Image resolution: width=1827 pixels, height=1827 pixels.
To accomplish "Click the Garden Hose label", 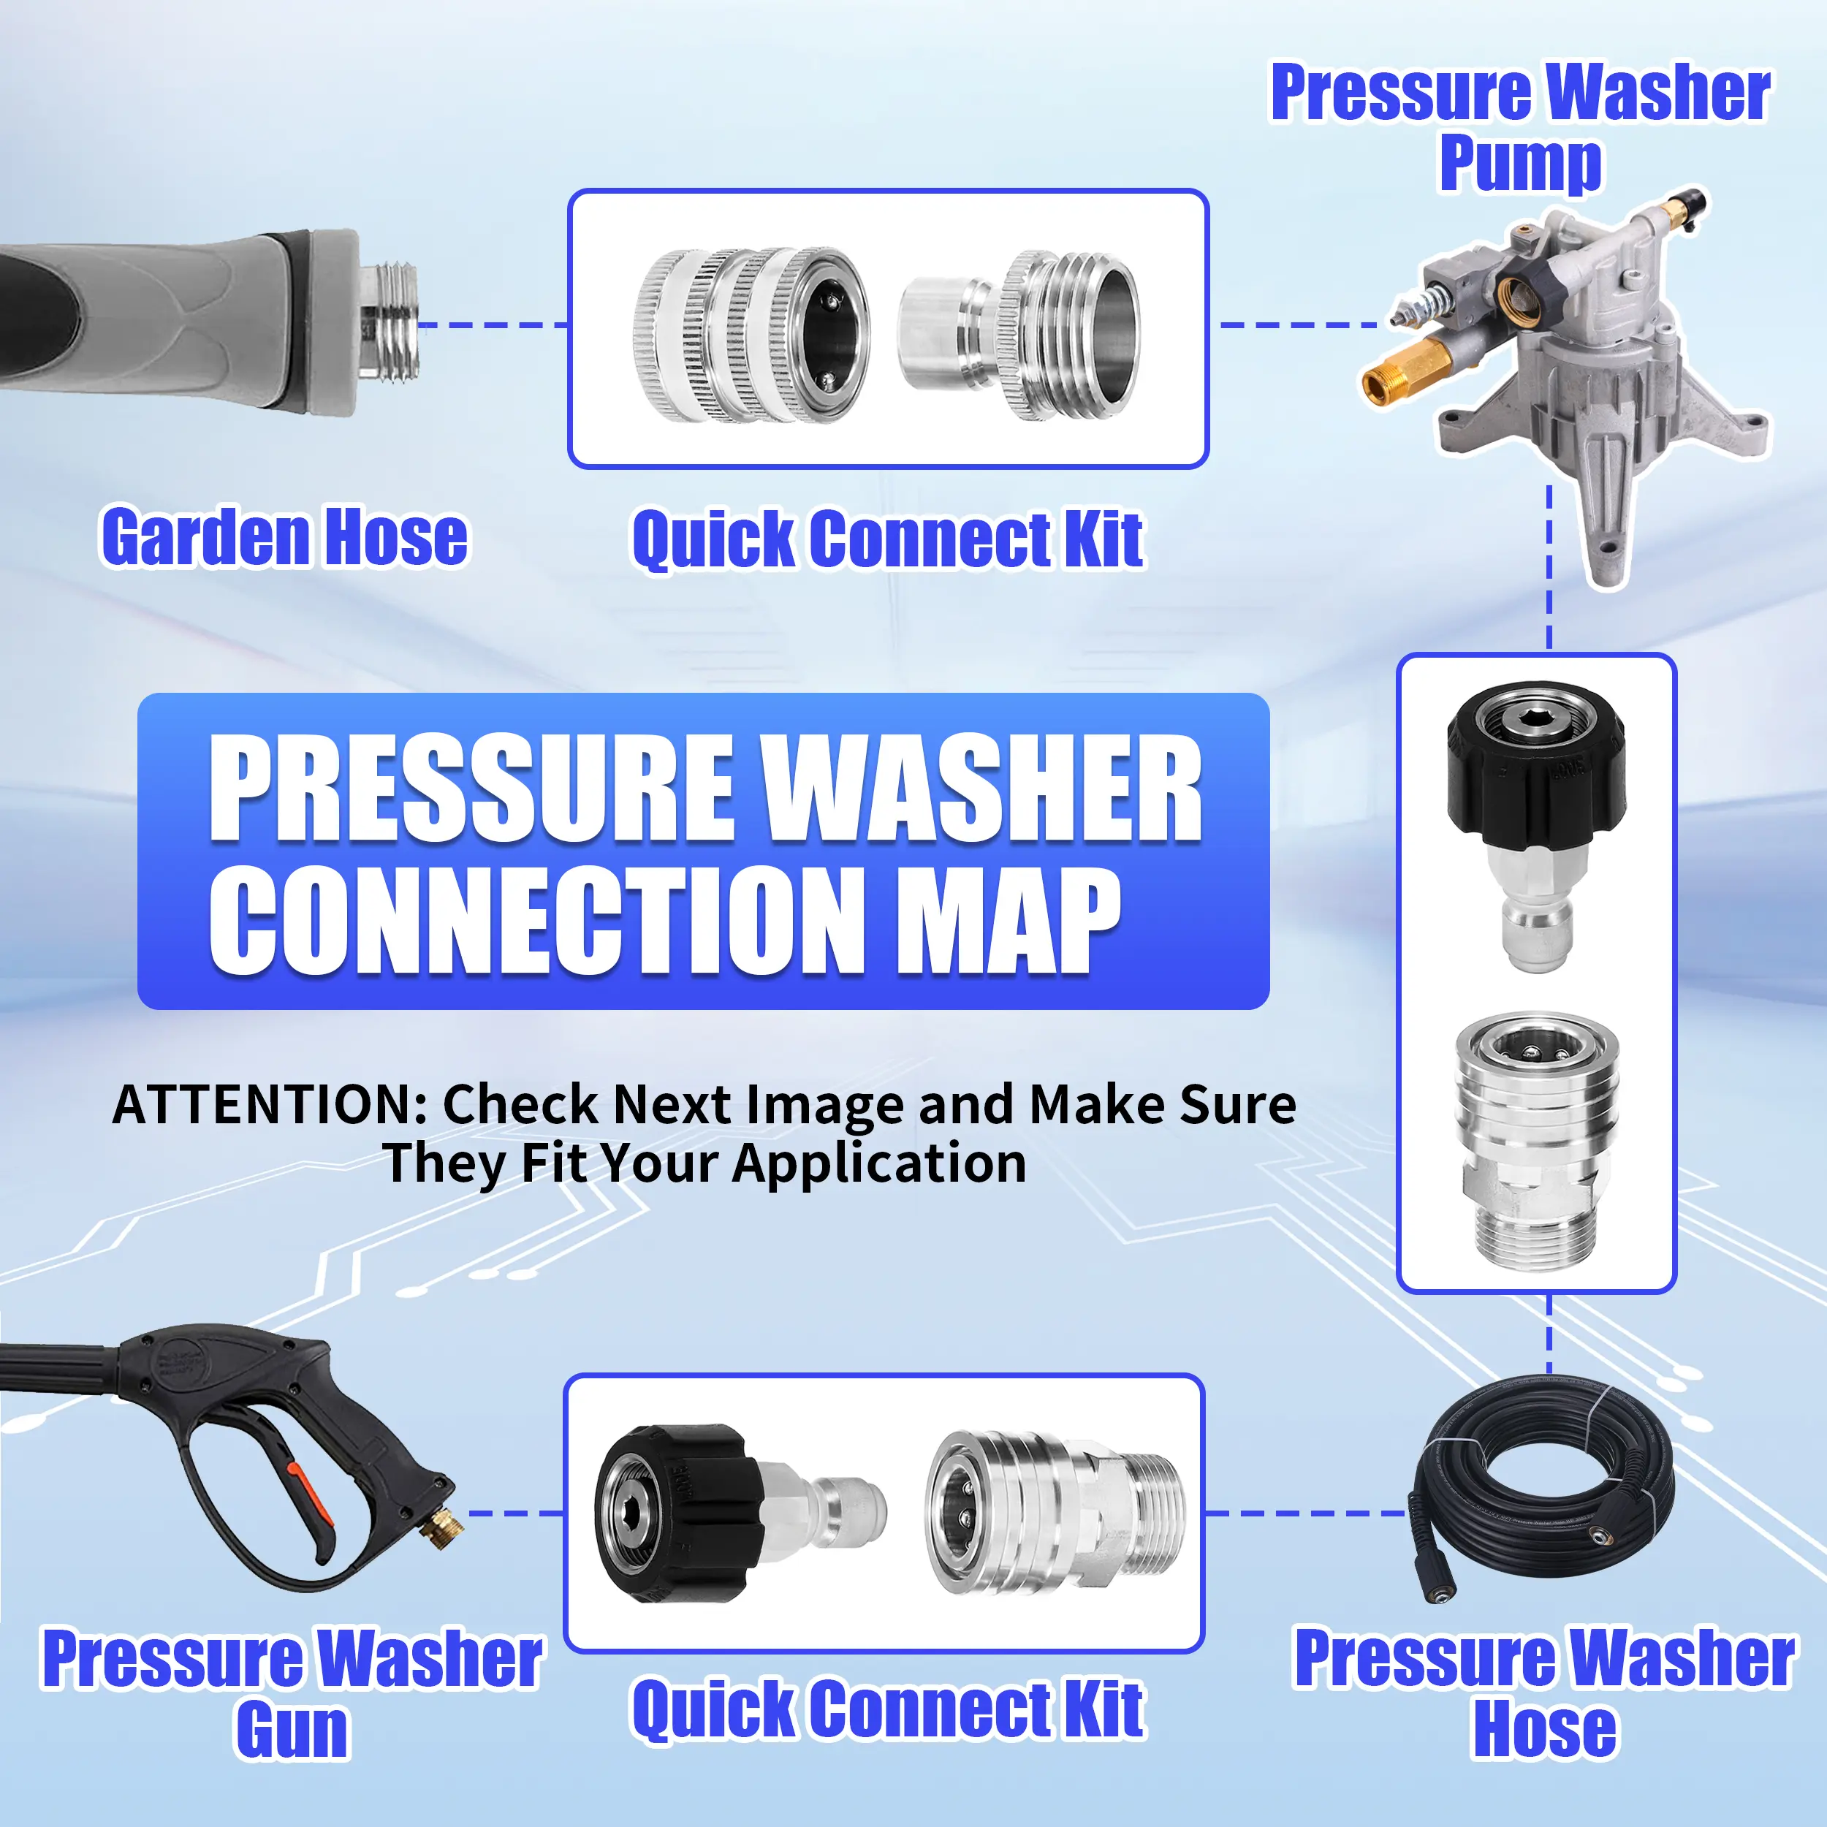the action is (x=284, y=537).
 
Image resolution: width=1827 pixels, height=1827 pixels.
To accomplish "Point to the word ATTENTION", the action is (x=270, y=1104).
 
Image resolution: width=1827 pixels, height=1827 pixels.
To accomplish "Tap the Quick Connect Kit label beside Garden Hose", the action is (x=888, y=540).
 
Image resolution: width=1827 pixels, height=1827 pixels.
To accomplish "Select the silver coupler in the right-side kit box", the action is (x=1535, y=1139).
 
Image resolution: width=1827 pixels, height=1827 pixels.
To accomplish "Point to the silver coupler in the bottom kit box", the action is (x=1054, y=1513).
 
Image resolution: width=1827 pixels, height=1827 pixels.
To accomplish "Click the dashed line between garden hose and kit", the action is (x=493, y=325).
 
